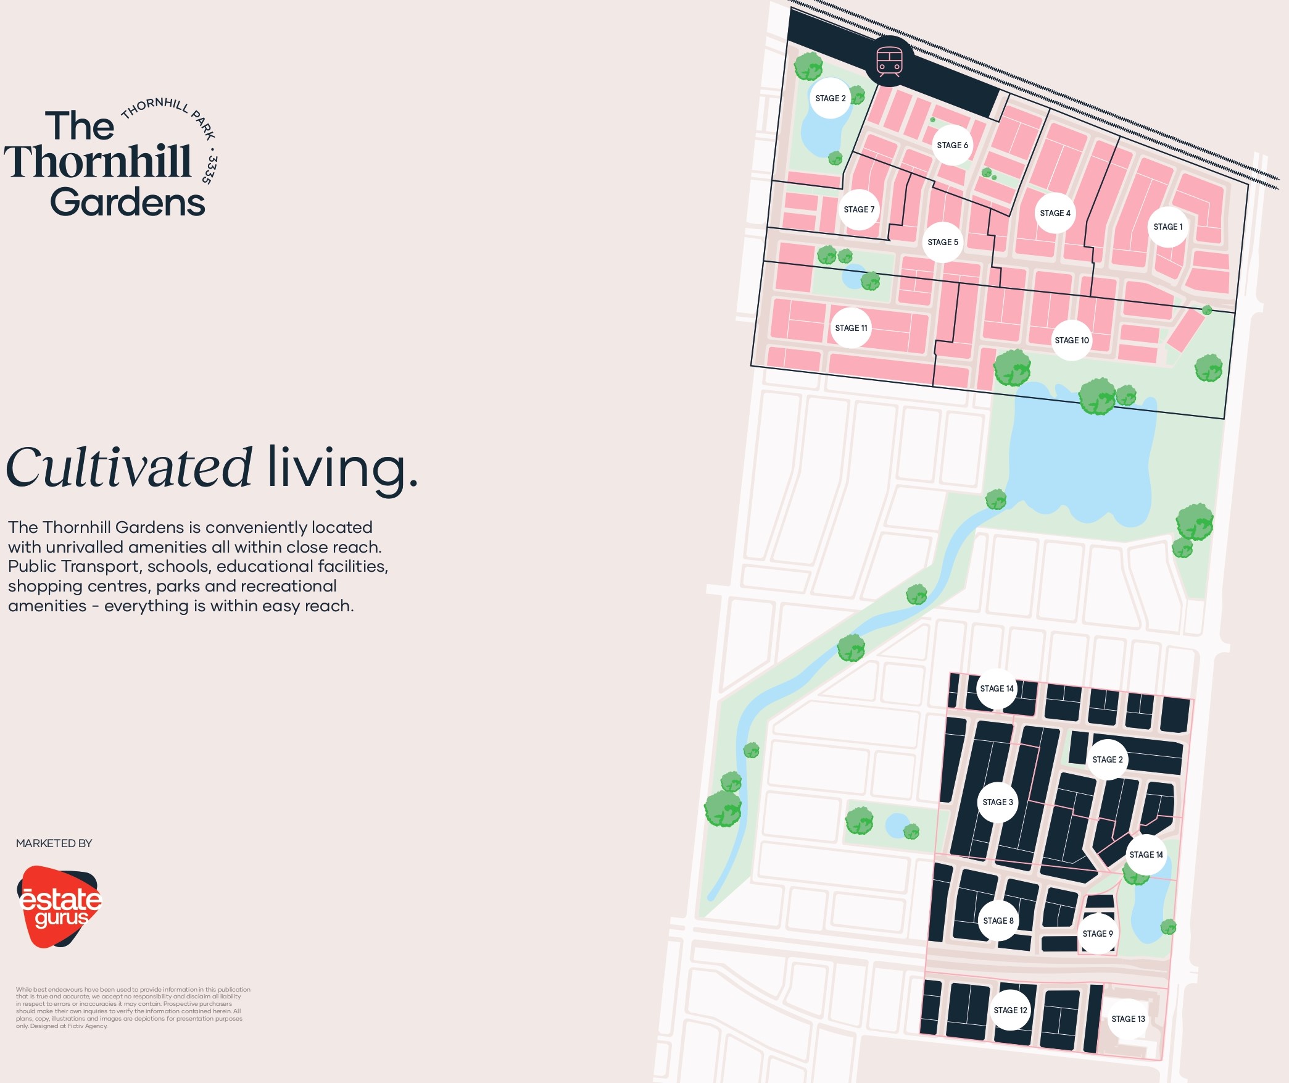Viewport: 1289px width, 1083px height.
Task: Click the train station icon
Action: click(x=889, y=62)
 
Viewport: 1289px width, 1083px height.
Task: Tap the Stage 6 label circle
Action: click(x=952, y=145)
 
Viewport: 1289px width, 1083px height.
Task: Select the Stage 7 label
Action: click(x=859, y=209)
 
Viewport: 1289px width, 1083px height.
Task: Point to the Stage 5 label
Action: click(x=943, y=242)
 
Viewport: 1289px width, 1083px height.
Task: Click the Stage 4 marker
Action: click(x=1055, y=213)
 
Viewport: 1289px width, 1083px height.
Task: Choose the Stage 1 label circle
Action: click(x=1167, y=227)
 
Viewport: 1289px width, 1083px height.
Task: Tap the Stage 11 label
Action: click(x=851, y=328)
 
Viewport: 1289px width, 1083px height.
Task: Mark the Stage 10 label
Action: click(x=1072, y=340)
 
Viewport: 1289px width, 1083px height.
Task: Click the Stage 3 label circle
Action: click(x=998, y=802)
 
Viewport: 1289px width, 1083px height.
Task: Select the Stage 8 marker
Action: click(x=998, y=921)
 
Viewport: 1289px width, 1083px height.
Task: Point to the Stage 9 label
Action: click(x=1098, y=934)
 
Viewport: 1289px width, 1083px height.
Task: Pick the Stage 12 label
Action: click(x=1010, y=1010)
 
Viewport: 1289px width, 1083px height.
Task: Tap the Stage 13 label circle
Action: click(x=1128, y=1019)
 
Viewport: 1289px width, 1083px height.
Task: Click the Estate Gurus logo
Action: click(x=59, y=906)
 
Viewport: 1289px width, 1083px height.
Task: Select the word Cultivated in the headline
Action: click(x=129, y=467)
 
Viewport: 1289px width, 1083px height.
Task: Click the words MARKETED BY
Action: click(x=54, y=843)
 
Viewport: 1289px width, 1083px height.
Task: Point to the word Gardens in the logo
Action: click(x=128, y=202)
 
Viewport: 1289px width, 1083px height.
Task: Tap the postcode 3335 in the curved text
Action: click(x=210, y=169)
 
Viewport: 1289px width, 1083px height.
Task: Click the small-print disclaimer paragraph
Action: click(x=133, y=1008)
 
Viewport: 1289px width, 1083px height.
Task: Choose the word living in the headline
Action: click(x=342, y=467)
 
